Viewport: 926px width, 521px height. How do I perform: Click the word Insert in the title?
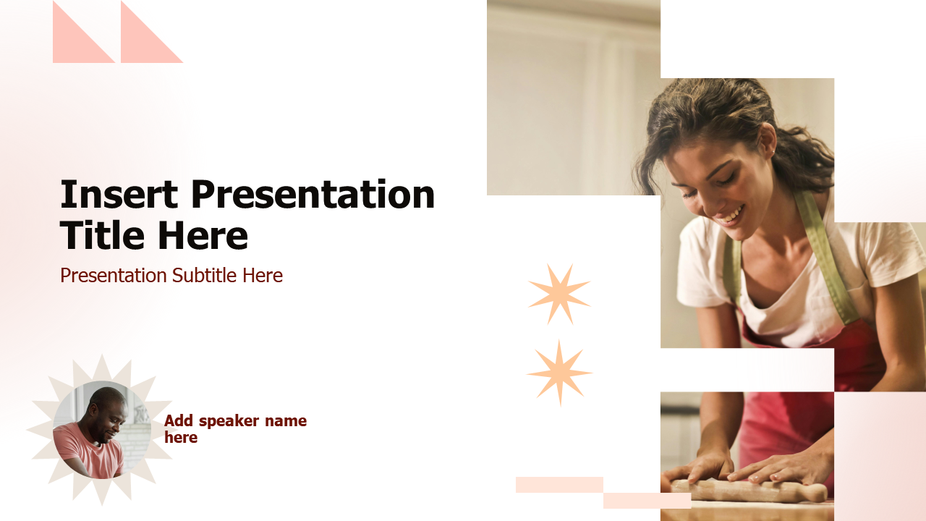point(119,195)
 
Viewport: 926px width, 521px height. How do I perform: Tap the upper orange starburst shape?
point(558,294)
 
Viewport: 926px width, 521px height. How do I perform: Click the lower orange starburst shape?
point(559,373)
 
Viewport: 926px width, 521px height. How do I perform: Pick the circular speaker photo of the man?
point(101,430)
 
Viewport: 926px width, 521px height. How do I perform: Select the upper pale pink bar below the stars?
point(559,485)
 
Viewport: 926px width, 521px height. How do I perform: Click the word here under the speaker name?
point(181,438)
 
